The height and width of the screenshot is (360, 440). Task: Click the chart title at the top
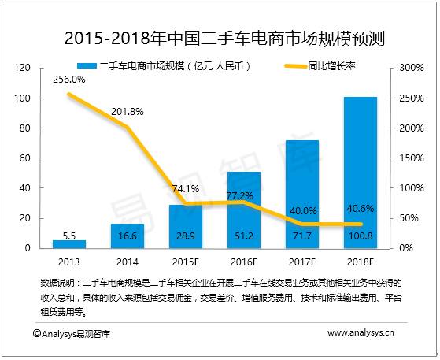[x=220, y=37]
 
